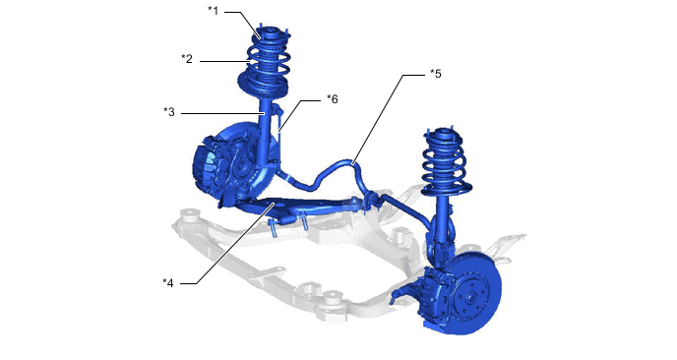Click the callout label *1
[x=214, y=11]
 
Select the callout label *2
[x=187, y=59]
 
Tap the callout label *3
[x=169, y=112]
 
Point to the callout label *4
[x=168, y=283]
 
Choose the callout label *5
[x=436, y=74]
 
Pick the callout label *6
[x=332, y=99]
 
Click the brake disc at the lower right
[x=474, y=293]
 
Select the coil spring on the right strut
[x=444, y=162]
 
